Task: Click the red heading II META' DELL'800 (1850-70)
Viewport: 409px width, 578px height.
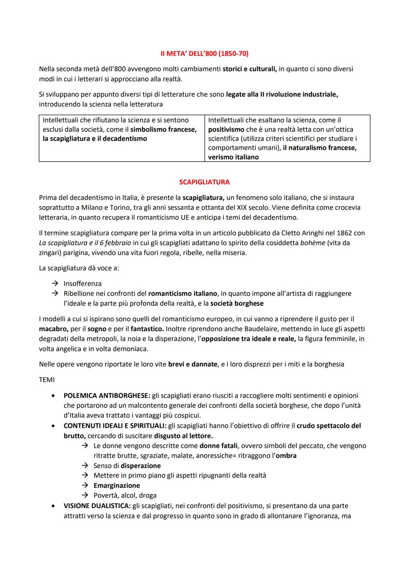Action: (x=204, y=54)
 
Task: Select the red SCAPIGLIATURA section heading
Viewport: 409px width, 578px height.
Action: (x=204, y=182)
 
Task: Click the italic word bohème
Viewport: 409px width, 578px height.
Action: (x=312, y=243)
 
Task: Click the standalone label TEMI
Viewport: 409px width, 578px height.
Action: (x=47, y=380)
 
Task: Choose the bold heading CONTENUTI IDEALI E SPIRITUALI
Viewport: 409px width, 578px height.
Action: (x=115, y=425)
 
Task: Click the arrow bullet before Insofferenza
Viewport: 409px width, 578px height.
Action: (x=55, y=284)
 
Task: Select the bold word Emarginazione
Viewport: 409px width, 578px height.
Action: (x=117, y=485)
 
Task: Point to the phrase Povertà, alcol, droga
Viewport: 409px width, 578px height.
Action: (x=125, y=495)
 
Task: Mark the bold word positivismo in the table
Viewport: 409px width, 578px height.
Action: (x=226, y=129)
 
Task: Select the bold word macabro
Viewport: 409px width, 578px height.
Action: (x=53, y=329)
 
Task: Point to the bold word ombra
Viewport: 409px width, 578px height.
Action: (x=286, y=455)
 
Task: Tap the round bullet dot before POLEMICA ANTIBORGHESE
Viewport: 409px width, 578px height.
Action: (x=55, y=396)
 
